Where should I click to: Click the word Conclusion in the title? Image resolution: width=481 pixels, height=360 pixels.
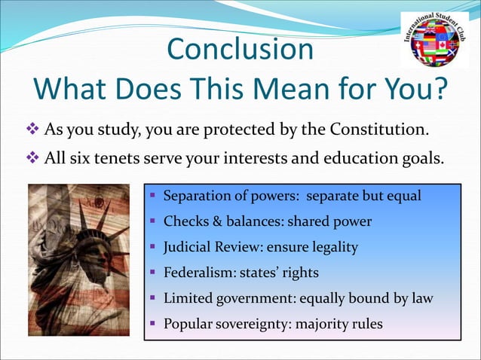pyautogui.click(x=240, y=50)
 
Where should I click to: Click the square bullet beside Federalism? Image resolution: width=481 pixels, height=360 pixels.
pyautogui.click(x=152, y=273)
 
